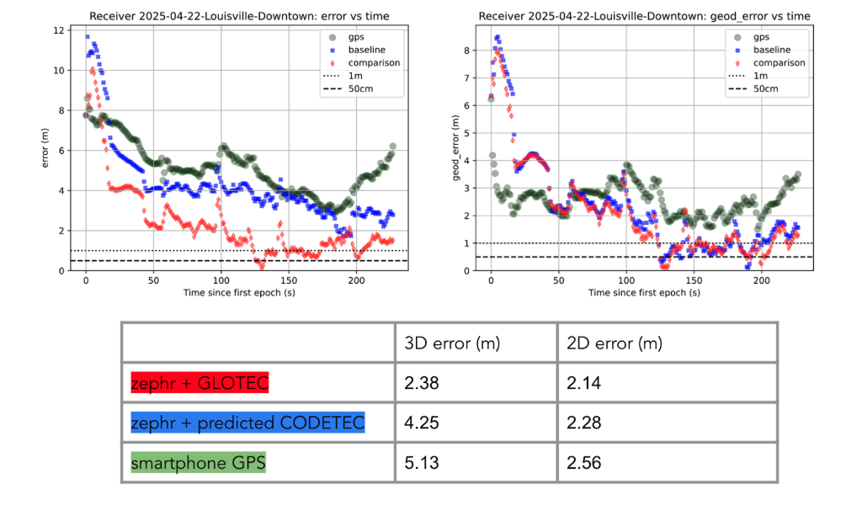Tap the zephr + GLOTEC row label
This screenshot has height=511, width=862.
click(200, 384)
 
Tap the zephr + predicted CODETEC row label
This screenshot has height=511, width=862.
click(247, 423)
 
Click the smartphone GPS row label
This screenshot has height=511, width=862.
click(198, 461)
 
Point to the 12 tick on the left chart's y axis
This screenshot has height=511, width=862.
click(58, 30)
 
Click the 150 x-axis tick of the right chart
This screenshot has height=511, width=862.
click(694, 280)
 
